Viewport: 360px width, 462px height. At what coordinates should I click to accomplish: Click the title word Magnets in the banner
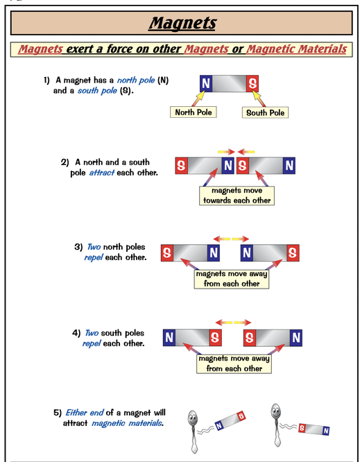coord(182,23)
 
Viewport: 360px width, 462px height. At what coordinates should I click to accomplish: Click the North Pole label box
coord(194,112)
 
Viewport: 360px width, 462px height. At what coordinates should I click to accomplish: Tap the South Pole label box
coord(265,112)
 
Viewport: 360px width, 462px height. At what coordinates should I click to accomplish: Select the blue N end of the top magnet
coord(206,83)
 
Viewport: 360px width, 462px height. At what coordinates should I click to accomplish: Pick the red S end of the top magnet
coord(252,83)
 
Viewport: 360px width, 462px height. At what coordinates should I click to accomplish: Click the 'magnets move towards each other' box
coord(237,196)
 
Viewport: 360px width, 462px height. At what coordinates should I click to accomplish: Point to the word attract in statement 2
coord(102,172)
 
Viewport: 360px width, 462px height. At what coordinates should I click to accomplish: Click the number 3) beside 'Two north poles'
coord(78,247)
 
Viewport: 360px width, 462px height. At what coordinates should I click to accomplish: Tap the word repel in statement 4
coord(92,343)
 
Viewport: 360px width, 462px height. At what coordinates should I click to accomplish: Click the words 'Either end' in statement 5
coord(84,413)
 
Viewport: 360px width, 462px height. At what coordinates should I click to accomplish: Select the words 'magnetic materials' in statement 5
coord(127,423)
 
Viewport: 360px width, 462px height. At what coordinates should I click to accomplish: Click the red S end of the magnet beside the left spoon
coord(241,416)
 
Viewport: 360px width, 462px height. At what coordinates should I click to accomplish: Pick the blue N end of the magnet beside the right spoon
coord(326,431)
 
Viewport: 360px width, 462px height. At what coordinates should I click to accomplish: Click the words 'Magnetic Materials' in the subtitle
coord(296,49)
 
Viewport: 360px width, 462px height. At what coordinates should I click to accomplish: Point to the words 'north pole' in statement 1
coord(136,80)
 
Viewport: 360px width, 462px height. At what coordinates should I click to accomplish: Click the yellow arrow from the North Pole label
coord(198,99)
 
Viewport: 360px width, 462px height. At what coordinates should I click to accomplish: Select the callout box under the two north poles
coord(232,279)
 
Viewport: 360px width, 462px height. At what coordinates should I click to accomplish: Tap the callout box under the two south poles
coord(234,364)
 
